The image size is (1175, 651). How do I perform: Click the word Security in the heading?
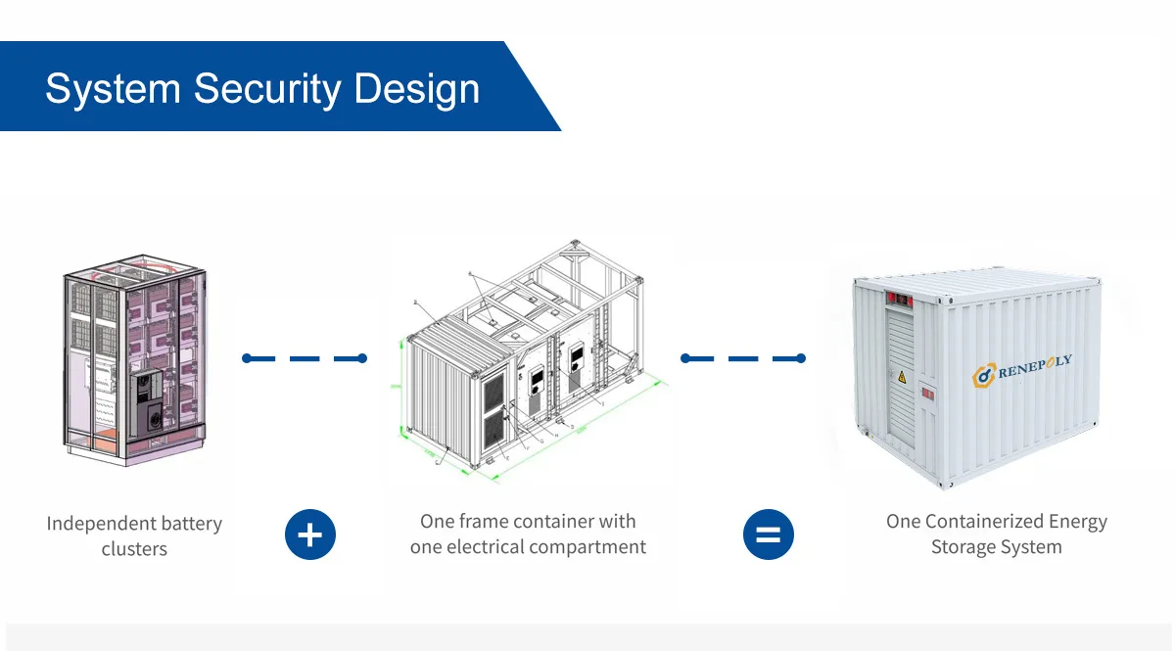click(266, 89)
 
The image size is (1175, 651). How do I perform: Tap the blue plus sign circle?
click(310, 535)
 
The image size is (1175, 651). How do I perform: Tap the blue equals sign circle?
click(769, 535)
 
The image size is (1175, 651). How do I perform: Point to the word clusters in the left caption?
click(134, 549)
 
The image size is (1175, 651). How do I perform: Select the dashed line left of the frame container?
click(304, 359)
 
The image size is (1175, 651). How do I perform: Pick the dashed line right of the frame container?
click(742, 359)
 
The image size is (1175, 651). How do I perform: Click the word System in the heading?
click(113, 89)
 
